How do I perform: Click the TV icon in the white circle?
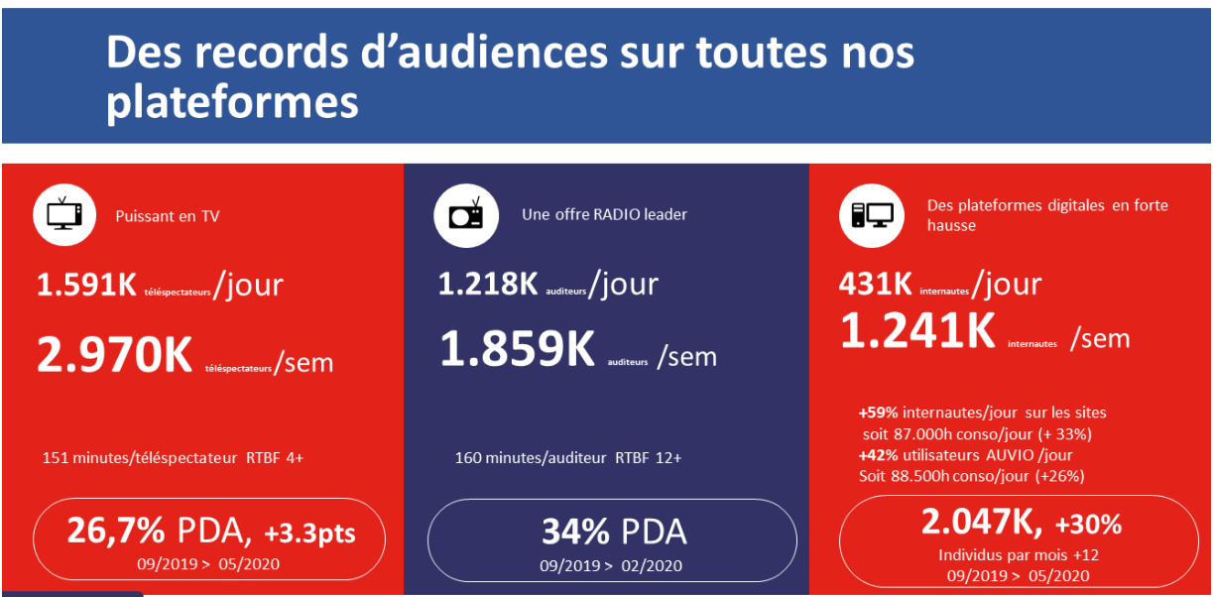(x=64, y=214)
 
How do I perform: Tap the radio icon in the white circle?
(x=464, y=214)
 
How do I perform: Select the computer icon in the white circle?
(x=871, y=214)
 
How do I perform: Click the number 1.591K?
(x=86, y=286)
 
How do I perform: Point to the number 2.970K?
(x=114, y=355)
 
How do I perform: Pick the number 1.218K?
(x=488, y=286)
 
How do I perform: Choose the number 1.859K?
(x=517, y=349)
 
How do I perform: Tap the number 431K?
(x=875, y=286)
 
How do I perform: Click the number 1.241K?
(x=917, y=331)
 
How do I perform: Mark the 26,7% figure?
(x=115, y=532)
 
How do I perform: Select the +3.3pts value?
(x=309, y=534)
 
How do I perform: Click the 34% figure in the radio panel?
(x=574, y=532)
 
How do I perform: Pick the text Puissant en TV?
(x=168, y=216)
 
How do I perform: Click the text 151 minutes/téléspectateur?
(x=139, y=458)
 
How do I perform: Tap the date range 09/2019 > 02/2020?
(x=611, y=566)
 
